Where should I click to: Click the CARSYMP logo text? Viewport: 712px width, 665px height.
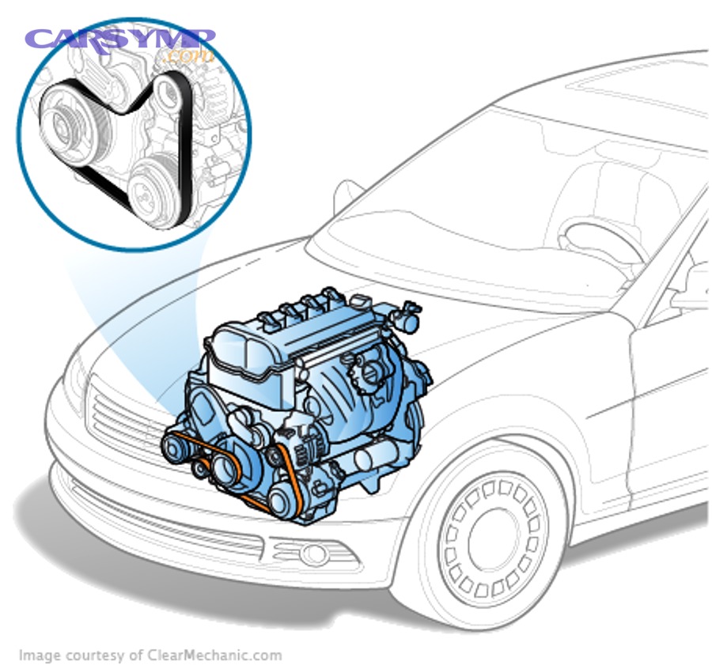coord(119,40)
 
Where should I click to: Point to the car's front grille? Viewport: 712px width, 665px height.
coord(119,419)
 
